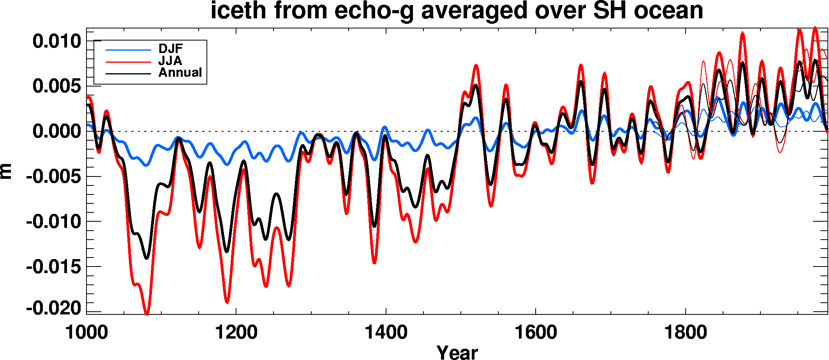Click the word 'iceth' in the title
click(238, 11)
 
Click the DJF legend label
click(171, 49)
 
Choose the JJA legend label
click(170, 61)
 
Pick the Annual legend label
click(180, 72)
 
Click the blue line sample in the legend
click(128, 50)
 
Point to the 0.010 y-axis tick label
click(57, 41)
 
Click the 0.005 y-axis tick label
click(57, 86)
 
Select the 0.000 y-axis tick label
click(57, 131)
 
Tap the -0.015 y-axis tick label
click(54, 267)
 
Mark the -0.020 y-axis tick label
click(54, 308)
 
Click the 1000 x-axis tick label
click(86, 333)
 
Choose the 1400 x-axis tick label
click(386, 333)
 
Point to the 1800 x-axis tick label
click(685, 333)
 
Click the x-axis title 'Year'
click(457, 352)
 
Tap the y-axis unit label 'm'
click(7, 171)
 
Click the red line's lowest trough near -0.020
click(147, 313)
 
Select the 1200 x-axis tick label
click(236, 333)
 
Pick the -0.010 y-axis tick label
click(54, 222)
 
